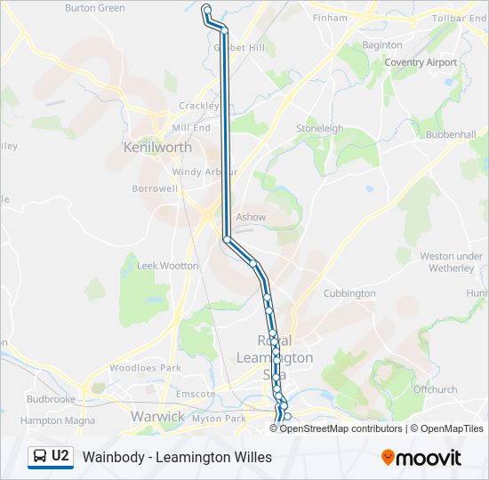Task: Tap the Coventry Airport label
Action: (421, 62)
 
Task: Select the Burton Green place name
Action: (95, 8)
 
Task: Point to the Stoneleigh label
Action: (319, 129)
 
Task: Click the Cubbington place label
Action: (349, 293)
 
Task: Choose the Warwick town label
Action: (157, 416)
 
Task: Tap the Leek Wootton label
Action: (167, 266)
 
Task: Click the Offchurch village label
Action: (435, 389)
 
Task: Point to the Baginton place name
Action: (383, 44)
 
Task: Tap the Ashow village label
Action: (251, 217)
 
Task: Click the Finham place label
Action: (330, 17)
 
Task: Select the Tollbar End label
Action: (460, 18)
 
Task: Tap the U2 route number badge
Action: (60, 457)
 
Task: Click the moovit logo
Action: (421, 458)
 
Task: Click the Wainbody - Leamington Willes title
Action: (177, 458)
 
